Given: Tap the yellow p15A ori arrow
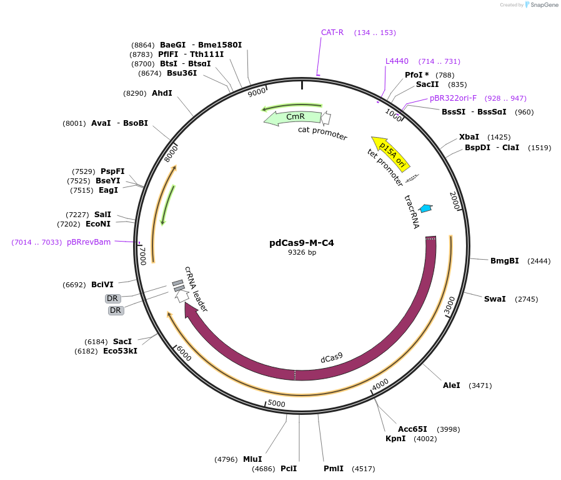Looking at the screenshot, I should click(x=389, y=153).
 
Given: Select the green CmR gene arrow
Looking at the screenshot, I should click(x=294, y=117).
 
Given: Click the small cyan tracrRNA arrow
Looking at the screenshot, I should click(x=426, y=208).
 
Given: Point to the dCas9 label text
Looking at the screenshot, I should click(x=332, y=358).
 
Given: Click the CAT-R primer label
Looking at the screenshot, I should click(x=332, y=33).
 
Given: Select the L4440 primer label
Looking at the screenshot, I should click(x=397, y=61).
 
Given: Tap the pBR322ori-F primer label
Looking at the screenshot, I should click(x=453, y=98).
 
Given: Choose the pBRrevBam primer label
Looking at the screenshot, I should click(x=89, y=242).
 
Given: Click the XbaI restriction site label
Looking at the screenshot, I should click(x=469, y=137).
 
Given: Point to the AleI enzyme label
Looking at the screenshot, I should click(x=451, y=386).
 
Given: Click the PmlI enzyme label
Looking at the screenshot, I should click(x=333, y=469).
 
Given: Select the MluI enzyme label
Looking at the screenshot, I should click(x=252, y=459).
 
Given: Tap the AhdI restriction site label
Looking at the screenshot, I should click(x=162, y=93).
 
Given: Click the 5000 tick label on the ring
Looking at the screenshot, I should click(x=276, y=404).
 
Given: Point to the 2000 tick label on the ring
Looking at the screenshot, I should click(x=454, y=201).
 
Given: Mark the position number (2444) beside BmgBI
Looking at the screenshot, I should click(x=539, y=261).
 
